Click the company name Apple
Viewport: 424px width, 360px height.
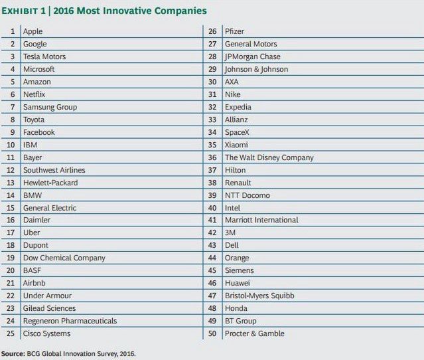tap(33, 31)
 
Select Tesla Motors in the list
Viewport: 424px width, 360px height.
tap(44, 56)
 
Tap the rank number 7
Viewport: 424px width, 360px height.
tap(13, 107)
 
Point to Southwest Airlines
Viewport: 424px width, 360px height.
tap(54, 170)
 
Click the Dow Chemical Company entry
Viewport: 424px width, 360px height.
tap(64, 258)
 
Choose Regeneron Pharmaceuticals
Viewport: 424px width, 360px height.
tap(70, 321)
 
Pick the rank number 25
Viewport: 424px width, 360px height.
tap(11, 333)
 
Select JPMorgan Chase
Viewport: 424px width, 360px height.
tap(253, 56)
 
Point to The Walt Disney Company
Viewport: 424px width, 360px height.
tap(269, 157)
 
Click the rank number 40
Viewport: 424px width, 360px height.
tap(212, 208)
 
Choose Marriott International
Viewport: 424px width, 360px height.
tap(262, 220)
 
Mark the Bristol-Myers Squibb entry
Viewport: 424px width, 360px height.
tap(259, 296)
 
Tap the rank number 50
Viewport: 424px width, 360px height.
tap(212, 333)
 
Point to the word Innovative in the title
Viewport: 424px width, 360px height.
tap(119, 11)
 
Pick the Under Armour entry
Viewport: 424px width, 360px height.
tap(48, 296)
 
